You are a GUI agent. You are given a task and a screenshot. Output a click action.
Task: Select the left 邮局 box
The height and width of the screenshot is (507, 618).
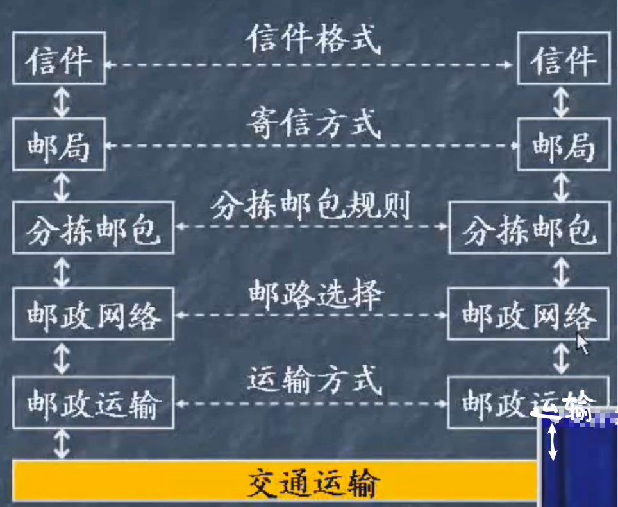click(59, 147)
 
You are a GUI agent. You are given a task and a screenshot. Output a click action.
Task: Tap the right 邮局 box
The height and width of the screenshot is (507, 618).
click(564, 147)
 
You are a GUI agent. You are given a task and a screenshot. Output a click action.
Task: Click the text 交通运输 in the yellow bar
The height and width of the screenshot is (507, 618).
click(313, 483)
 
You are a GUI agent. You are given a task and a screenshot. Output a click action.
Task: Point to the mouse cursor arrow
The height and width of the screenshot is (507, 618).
click(581, 343)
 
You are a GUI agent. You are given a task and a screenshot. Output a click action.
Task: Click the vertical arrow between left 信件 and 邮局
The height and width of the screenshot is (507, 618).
click(62, 103)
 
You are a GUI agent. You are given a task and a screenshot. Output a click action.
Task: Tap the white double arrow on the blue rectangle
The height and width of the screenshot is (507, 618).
click(552, 443)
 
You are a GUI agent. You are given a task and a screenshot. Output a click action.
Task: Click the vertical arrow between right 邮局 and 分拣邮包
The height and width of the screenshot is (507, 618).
click(562, 187)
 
